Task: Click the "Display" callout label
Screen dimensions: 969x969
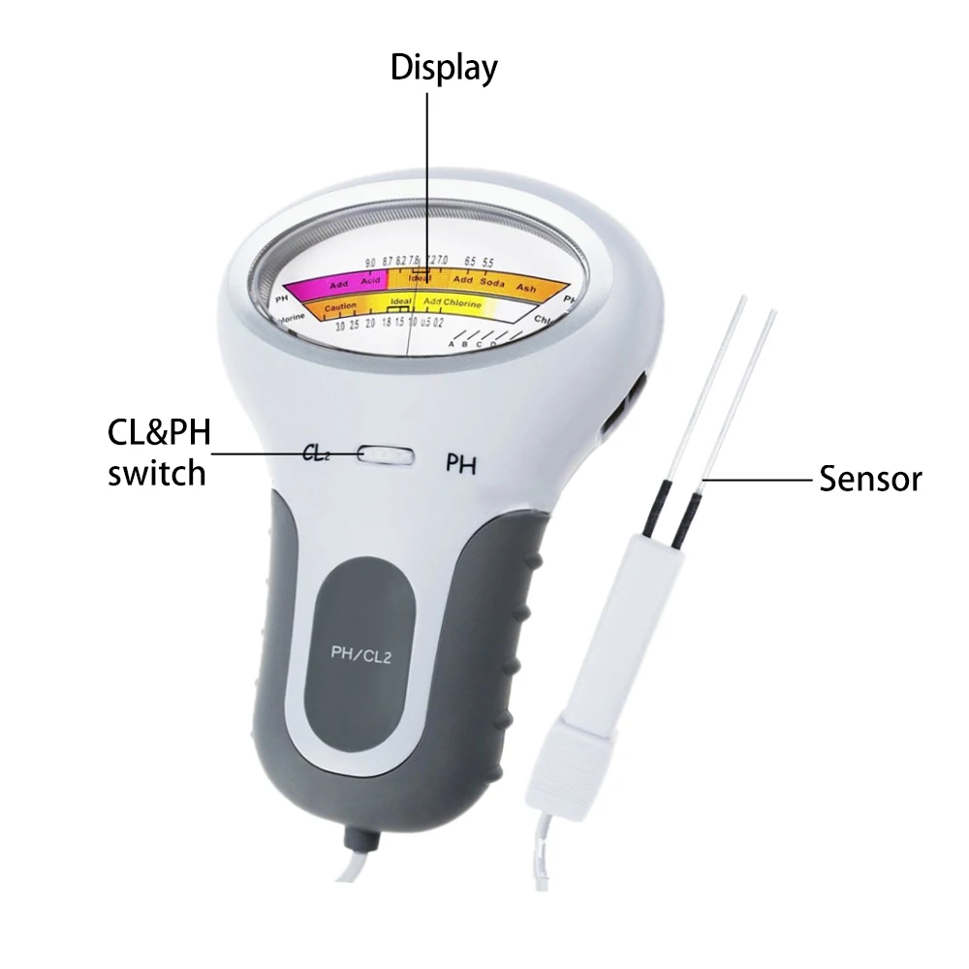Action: (x=443, y=68)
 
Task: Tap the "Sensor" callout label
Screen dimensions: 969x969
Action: (x=869, y=478)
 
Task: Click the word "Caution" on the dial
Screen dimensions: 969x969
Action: (x=339, y=307)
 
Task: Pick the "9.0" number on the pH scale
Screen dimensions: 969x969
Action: (x=369, y=263)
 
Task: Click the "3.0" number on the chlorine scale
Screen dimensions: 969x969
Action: (x=339, y=328)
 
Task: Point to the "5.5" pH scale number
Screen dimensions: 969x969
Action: (x=487, y=262)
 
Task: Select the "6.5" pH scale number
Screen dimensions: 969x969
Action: (x=470, y=262)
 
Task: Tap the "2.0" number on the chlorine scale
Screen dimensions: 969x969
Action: (x=370, y=324)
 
